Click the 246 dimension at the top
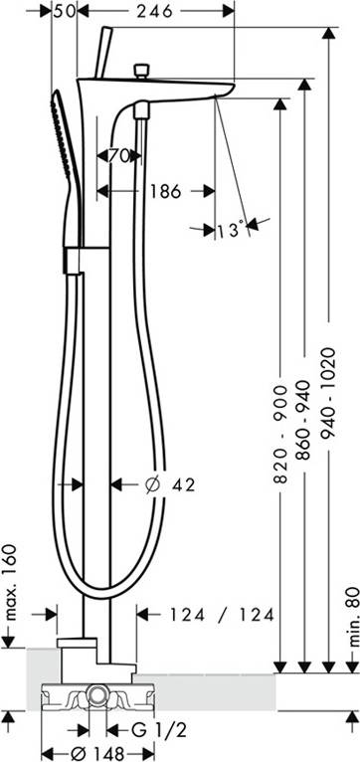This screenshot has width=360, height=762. coord(154,11)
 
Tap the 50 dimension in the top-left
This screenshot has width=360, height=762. coord(63,11)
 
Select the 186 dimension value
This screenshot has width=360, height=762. coord(164,191)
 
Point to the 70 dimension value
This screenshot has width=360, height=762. coord(118,156)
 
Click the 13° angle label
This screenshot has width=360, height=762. coord(231,230)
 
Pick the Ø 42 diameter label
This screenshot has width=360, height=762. coord(170,484)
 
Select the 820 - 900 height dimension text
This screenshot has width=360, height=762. coord(280,434)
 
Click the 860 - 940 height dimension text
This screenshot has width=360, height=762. coord(303,420)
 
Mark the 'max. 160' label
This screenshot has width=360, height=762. coord(11,582)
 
